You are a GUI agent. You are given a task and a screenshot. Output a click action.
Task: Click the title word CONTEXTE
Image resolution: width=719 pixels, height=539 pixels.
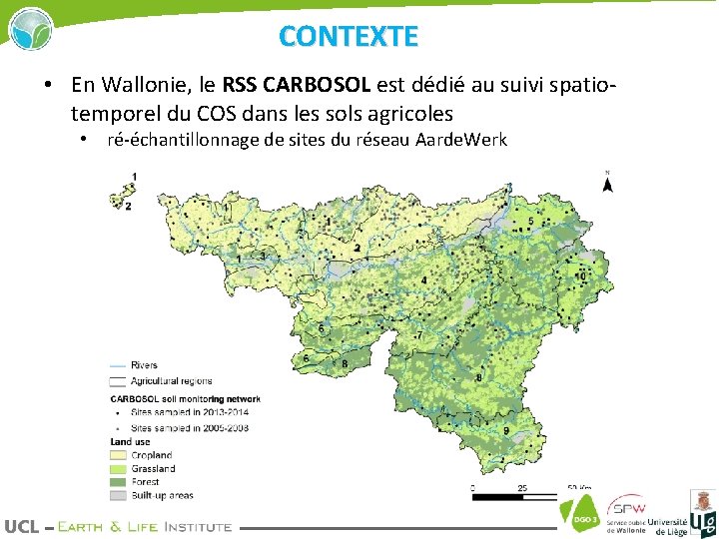(349, 36)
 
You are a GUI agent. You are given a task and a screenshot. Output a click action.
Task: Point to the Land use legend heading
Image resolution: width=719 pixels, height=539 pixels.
(130, 441)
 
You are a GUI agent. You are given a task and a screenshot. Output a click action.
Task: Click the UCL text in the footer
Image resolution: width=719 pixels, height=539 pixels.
(21, 526)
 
